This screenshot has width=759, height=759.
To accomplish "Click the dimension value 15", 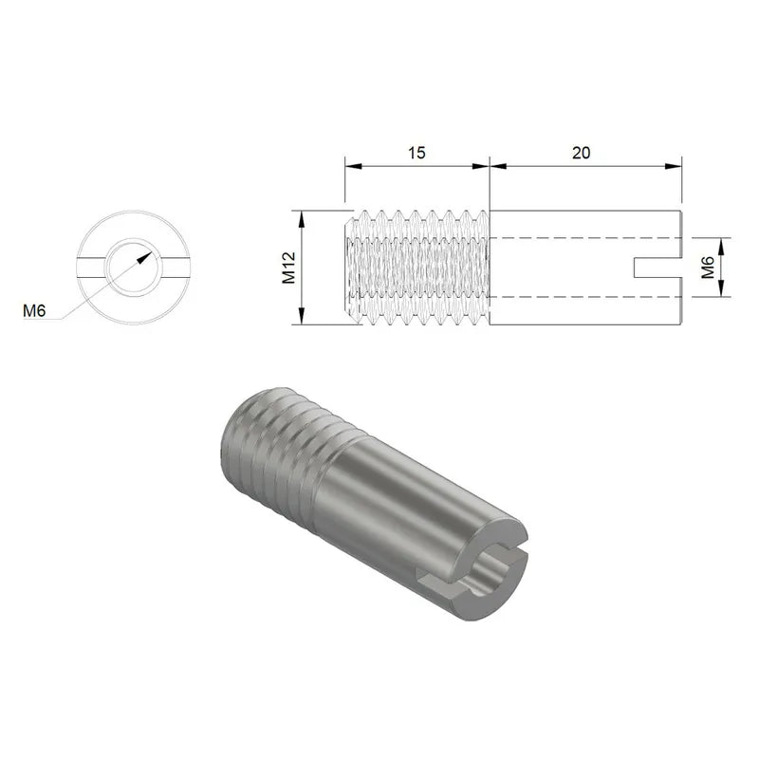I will pyautogui.click(x=416, y=153).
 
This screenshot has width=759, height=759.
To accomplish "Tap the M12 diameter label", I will pyautogui.click(x=289, y=268).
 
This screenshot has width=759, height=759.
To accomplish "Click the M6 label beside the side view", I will pyautogui.click(x=707, y=268).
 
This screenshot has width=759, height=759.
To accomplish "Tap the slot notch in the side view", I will pyautogui.click(x=655, y=268).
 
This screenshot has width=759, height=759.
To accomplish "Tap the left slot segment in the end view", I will pyautogui.click(x=91, y=268).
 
